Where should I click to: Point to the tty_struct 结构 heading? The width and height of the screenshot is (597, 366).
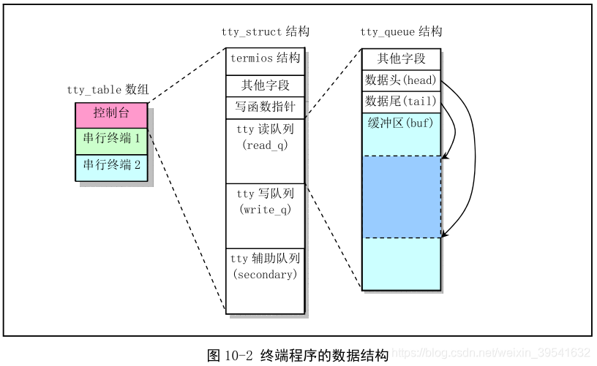click(x=265, y=32)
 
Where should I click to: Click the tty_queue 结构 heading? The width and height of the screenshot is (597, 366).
click(x=401, y=32)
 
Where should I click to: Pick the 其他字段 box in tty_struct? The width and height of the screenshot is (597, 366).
click(x=265, y=85)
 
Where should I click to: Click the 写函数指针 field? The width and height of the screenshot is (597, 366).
click(x=265, y=108)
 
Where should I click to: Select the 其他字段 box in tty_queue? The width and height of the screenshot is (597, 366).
click(x=401, y=59)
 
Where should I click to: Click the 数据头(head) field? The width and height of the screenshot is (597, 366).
click(x=401, y=80)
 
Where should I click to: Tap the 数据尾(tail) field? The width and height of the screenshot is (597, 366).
click(x=401, y=102)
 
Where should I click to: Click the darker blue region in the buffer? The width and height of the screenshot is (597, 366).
click(x=401, y=197)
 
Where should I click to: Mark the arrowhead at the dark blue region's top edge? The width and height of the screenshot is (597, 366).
click(x=446, y=156)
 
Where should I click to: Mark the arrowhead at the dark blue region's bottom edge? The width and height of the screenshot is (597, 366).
click(x=446, y=236)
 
